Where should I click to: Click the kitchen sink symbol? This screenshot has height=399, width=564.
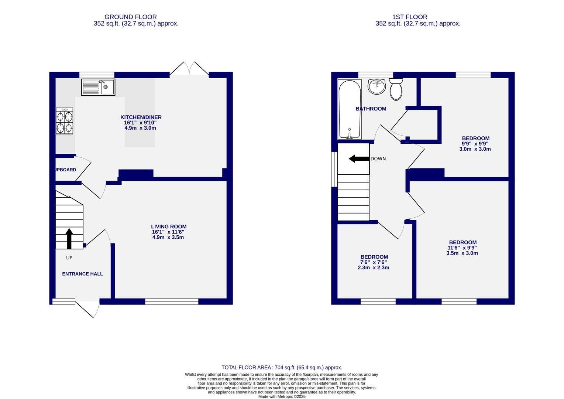tap(98, 87)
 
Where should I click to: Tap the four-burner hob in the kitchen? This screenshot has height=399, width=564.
tap(64, 121)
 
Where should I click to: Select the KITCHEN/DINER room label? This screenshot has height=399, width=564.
tap(141, 117)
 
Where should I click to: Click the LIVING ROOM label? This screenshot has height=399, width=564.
tap(169, 226)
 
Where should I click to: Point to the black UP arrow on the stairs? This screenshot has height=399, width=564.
tap(69, 238)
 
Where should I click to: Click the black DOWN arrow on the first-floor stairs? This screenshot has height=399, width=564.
tap(358, 159)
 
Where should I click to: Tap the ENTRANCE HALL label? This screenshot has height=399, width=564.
tap(82, 274)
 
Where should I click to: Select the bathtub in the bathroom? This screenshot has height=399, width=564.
tap(349, 109)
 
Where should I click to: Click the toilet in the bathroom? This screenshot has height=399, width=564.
tap(396, 89)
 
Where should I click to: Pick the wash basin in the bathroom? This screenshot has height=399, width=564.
tap(376, 87)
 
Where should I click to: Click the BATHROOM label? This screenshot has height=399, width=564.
tap(371, 109)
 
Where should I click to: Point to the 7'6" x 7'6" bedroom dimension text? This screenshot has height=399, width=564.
tap(374, 262)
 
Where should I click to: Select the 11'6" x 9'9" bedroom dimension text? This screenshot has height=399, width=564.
tap(462, 248)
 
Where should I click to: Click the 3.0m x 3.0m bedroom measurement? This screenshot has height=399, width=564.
tap(475, 149)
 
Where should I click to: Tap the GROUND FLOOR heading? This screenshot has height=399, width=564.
tap(130, 17)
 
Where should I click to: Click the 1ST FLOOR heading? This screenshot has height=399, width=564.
tap(410, 17)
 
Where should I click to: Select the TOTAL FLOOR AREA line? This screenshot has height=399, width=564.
tap(282, 367)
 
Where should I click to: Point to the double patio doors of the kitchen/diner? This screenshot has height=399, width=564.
tap(189, 69)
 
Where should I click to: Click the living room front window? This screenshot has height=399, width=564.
tap(172, 302)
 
